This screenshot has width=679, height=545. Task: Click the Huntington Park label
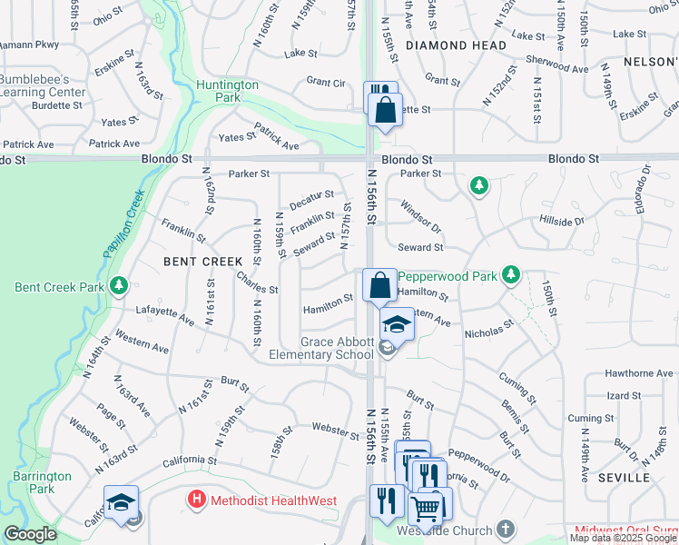pyautogui.click(x=227, y=92)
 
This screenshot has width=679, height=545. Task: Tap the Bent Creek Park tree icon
pyautogui.click(x=118, y=287)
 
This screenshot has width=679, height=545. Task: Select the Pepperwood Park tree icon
pyautogui.click(x=512, y=273)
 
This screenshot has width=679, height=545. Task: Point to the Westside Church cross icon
pyautogui.click(x=507, y=530)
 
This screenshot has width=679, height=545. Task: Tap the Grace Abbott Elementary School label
pyautogui.click(x=321, y=348)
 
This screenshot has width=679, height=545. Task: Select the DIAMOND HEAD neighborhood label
pyautogui.click(x=456, y=45)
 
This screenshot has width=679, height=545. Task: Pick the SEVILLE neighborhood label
pyautogui.click(x=624, y=477)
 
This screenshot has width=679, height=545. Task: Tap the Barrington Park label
pyautogui.click(x=43, y=482)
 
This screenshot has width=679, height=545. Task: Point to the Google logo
pyautogui.click(x=30, y=534)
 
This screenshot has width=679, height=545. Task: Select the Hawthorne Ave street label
pyautogui.click(x=639, y=373)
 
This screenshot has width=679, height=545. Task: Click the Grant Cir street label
pyautogui.click(x=326, y=83)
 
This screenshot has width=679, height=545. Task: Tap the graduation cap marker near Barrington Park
pyautogui.click(x=121, y=502)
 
